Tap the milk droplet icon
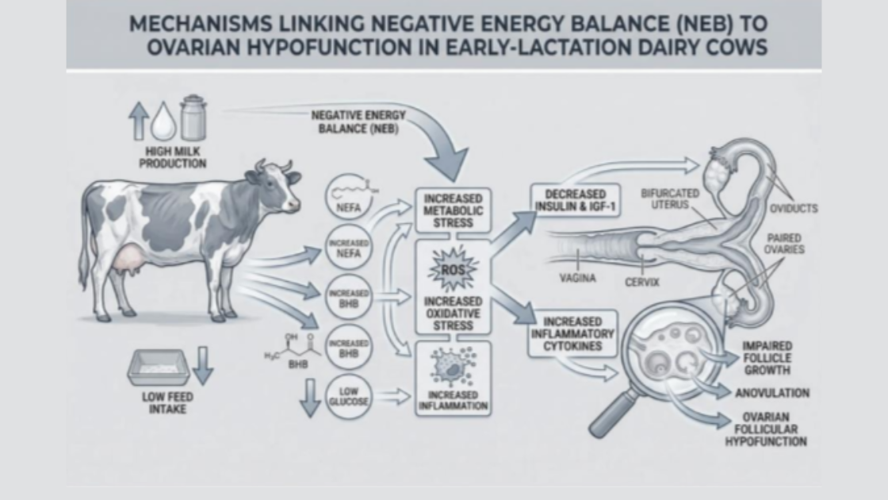tap(163, 121)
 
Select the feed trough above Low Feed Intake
tap(158, 367)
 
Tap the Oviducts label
tap(794, 209)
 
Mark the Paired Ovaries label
tap(784, 243)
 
